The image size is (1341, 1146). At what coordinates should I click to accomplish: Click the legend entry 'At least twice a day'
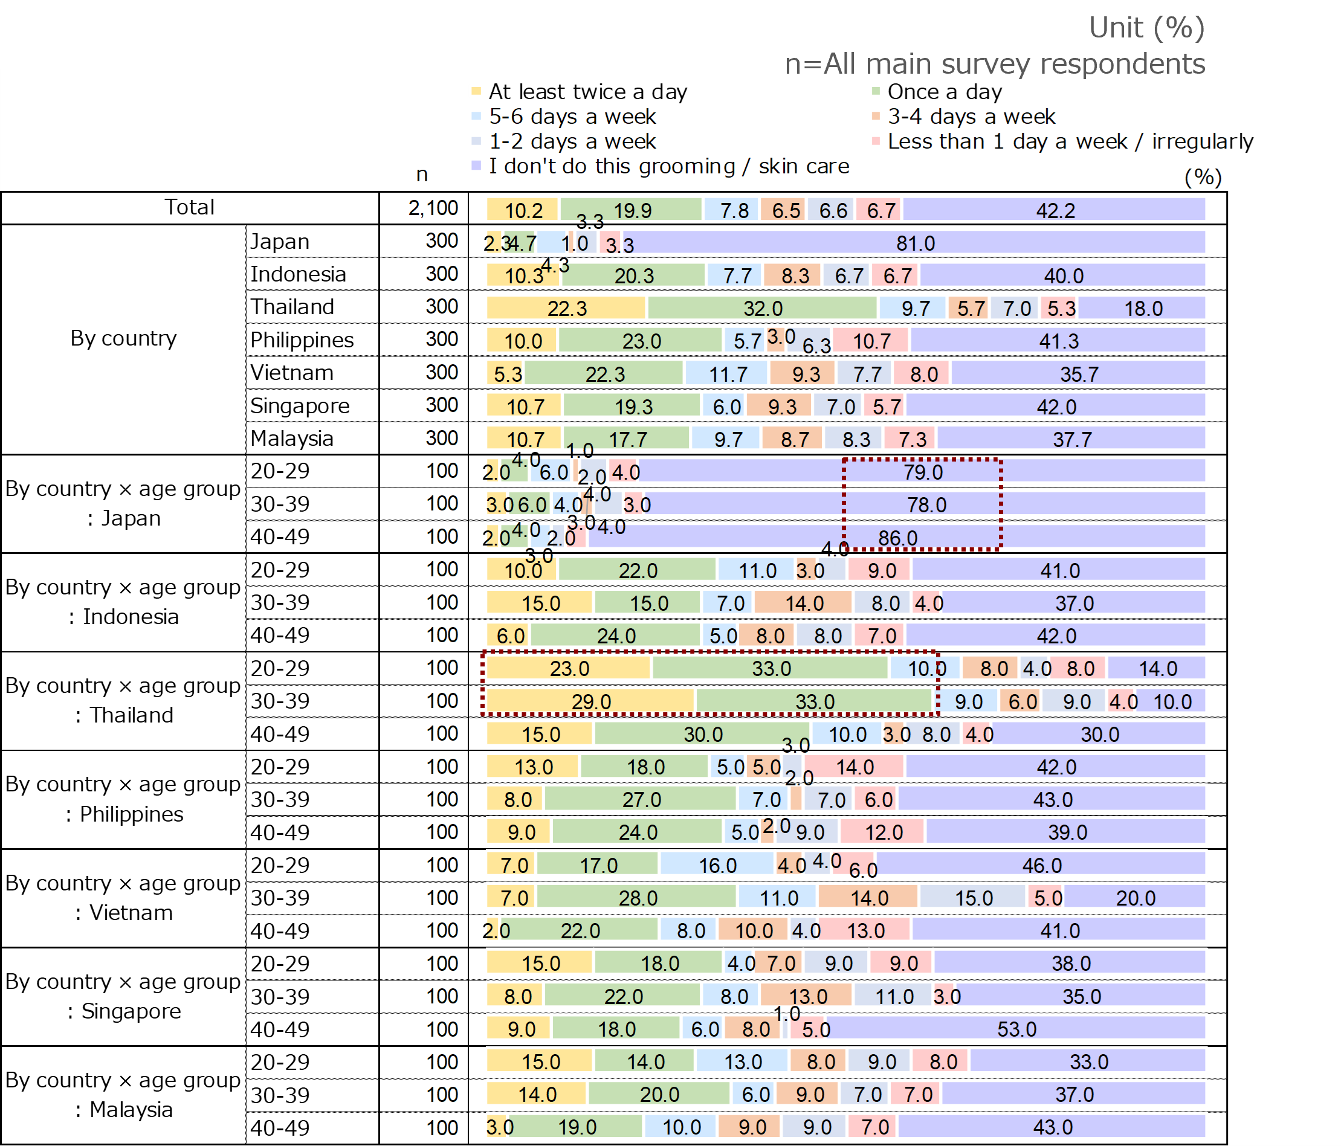(587, 92)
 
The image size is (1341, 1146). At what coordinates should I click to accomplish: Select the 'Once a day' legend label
(945, 92)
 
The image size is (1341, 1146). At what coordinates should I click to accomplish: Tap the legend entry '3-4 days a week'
(971, 117)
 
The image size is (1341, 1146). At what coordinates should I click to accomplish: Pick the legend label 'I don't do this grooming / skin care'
(668, 166)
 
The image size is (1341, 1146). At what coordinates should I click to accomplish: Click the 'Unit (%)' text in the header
(1146, 28)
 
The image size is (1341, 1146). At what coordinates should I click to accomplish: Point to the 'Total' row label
(189, 208)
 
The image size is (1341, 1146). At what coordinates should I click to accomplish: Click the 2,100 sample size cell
(433, 208)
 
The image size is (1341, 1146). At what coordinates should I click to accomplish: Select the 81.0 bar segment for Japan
(915, 243)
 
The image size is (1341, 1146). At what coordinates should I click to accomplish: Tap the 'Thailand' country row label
(292, 307)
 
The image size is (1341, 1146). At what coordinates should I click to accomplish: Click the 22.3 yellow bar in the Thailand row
(566, 308)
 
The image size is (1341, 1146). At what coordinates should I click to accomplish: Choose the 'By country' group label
(123, 338)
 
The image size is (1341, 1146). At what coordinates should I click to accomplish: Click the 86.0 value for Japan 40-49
(897, 538)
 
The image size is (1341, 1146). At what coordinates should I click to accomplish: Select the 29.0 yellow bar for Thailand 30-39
(590, 701)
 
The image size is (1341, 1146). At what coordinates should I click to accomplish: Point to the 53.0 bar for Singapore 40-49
(1016, 1029)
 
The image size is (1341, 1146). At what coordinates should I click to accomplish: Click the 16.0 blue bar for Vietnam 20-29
(717, 865)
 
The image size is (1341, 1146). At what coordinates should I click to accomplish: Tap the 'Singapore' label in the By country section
(300, 406)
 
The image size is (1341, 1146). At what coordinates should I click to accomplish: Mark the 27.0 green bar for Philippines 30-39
(641, 800)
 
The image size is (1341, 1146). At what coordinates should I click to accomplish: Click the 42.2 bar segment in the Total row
(1055, 210)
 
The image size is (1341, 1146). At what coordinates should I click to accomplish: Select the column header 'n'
(422, 174)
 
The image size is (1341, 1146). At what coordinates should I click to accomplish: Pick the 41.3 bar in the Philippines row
(1058, 341)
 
